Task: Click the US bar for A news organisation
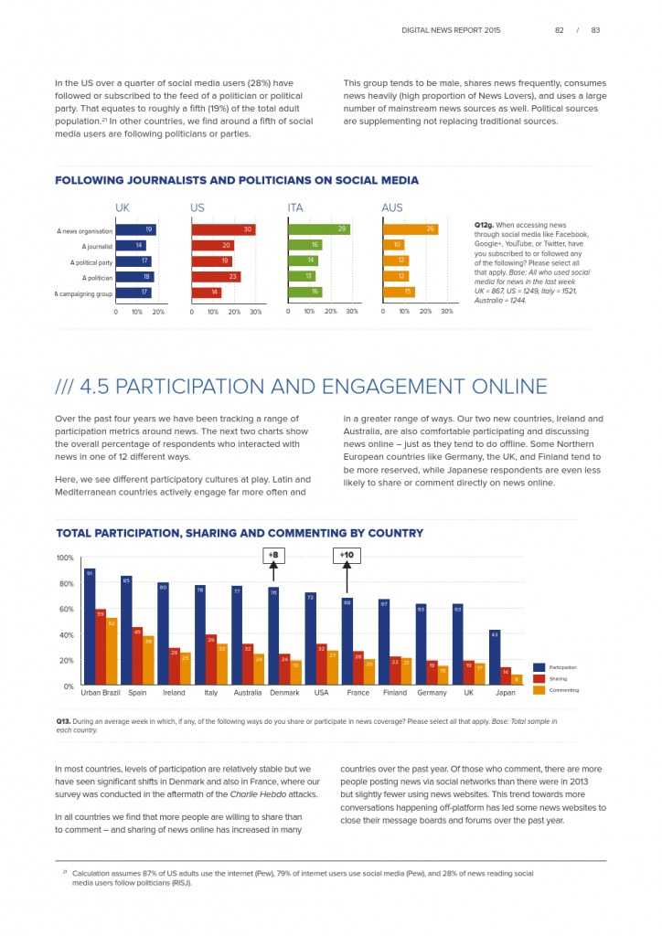click(x=222, y=229)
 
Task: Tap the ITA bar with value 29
click(x=318, y=229)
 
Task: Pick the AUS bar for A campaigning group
click(x=398, y=292)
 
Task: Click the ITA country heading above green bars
click(x=294, y=208)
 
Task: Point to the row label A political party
click(x=91, y=261)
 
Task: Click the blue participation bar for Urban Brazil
click(x=89, y=626)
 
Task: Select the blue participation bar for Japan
click(x=494, y=657)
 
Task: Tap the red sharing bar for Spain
click(x=137, y=655)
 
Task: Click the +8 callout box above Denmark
click(x=273, y=555)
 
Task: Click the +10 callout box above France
click(x=346, y=555)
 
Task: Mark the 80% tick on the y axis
click(x=65, y=583)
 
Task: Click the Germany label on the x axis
click(x=432, y=693)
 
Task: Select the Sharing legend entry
click(x=558, y=679)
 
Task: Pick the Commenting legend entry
click(x=563, y=690)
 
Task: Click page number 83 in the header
click(x=595, y=30)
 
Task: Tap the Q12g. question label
click(x=485, y=225)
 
